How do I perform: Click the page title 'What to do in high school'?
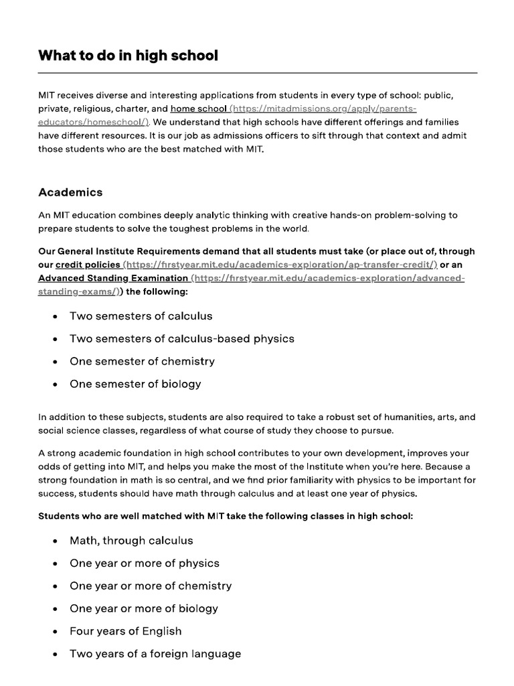point(128,56)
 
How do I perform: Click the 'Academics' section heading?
point(70,192)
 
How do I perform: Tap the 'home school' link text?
point(198,109)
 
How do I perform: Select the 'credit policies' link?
point(88,265)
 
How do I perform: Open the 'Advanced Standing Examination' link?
point(113,278)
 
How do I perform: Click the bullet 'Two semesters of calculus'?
point(141,316)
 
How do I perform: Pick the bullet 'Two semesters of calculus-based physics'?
point(181,339)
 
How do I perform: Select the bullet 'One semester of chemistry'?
point(142,362)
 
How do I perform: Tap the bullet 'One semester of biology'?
point(135,385)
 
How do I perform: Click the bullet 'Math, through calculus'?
point(131,541)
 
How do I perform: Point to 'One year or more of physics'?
point(145,563)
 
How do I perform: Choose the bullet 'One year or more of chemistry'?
point(151,586)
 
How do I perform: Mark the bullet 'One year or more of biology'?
point(144,609)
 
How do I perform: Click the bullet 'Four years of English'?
point(125,632)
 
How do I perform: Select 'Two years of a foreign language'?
point(155,655)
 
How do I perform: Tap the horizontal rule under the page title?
point(258,72)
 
